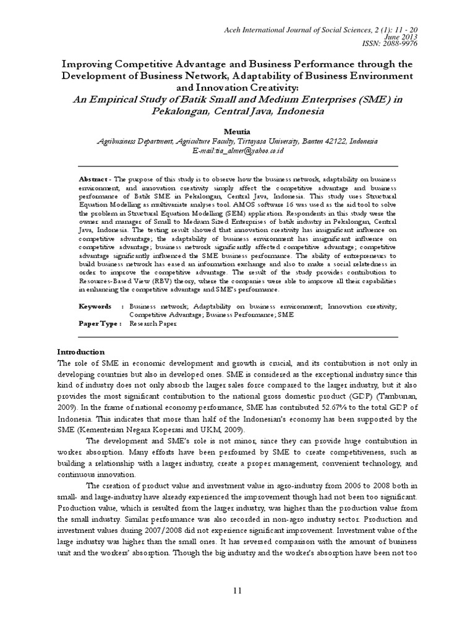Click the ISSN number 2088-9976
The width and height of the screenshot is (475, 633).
point(400,45)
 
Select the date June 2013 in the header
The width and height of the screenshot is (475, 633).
point(404,37)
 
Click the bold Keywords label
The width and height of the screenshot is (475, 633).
point(95,306)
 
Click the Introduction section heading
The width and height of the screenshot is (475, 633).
point(80,352)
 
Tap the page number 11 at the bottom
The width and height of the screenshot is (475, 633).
point(237,592)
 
